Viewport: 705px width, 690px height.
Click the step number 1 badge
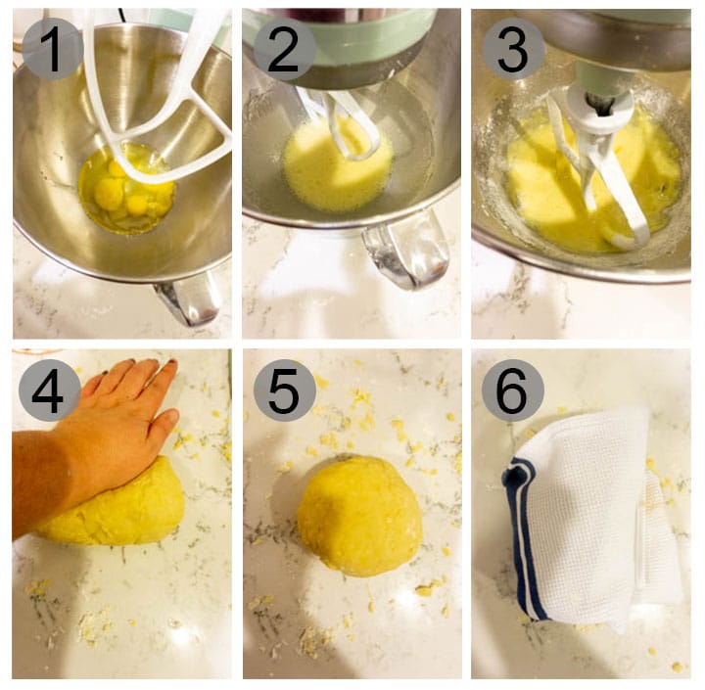click(53, 49)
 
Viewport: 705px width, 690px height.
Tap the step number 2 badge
click(284, 49)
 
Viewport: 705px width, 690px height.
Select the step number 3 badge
click(513, 49)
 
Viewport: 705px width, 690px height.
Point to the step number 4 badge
click(50, 391)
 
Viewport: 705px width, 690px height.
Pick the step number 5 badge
click(285, 391)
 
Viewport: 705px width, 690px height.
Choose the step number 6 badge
click(512, 391)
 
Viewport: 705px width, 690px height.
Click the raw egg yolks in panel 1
click(117, 192)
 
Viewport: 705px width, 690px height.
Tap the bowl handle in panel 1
click(188, 297)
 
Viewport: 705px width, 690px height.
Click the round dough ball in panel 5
click(359, 516)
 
